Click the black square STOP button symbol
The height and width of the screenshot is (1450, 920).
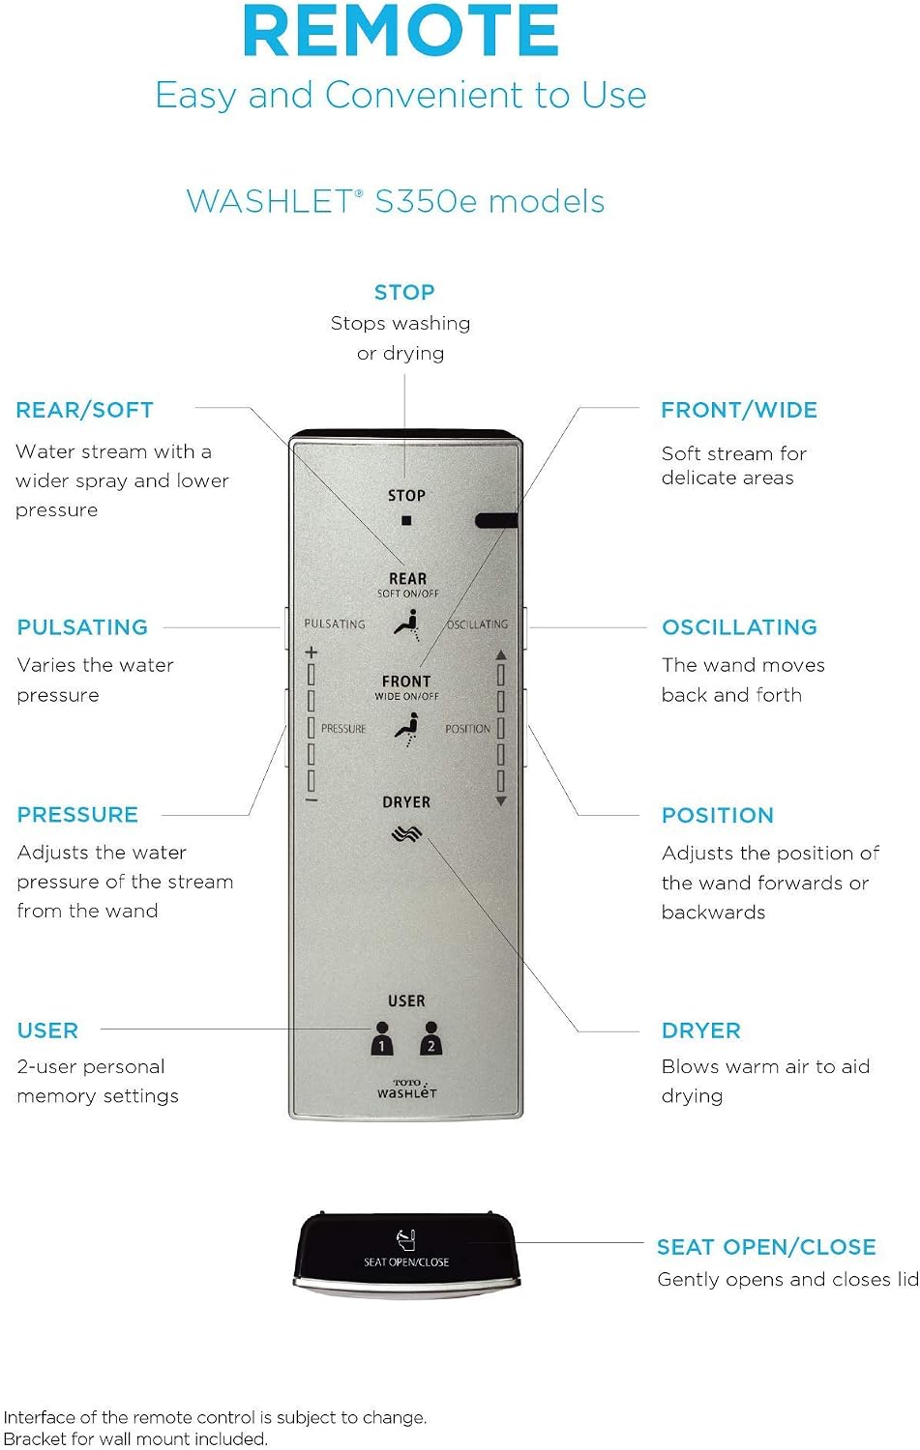click(406, 520)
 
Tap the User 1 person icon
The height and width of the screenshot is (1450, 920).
click(381, 1038)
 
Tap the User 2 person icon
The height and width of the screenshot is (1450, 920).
click(430, 1038)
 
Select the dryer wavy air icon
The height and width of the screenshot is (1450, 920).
click(406, 833)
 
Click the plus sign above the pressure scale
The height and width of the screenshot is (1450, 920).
click(312, 652)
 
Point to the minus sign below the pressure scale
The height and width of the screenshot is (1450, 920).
click(312, 801)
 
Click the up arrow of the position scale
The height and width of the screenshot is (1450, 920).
click(501, 654)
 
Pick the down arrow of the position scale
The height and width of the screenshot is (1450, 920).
click(501, 801)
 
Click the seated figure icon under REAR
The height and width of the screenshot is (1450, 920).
click(407, 624)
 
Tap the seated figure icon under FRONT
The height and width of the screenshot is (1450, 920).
click(407, 729)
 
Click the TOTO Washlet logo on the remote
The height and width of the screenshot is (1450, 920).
click(407, 1088)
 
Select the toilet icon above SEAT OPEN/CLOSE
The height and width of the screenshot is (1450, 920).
click(406, 1240)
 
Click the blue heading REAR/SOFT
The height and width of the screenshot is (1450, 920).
click(85, 410)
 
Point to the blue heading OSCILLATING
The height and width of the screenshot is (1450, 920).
click(740, 627)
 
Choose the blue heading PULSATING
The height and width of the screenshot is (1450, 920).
click(83, 627)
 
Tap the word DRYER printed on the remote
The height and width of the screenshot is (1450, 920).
click(406, 802)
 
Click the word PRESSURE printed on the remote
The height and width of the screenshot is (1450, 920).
click(343, 729)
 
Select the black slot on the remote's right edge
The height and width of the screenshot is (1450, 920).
click(496, 520)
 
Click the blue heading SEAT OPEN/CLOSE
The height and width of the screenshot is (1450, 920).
click(766, 1247)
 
